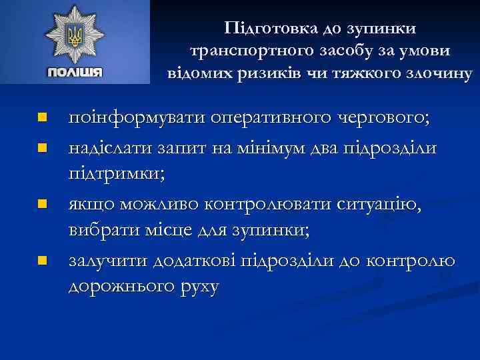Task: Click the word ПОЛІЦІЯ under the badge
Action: (74, 71)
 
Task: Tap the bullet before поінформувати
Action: (41, 118)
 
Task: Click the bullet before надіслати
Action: (41, 147)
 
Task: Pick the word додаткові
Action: (194, 259)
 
